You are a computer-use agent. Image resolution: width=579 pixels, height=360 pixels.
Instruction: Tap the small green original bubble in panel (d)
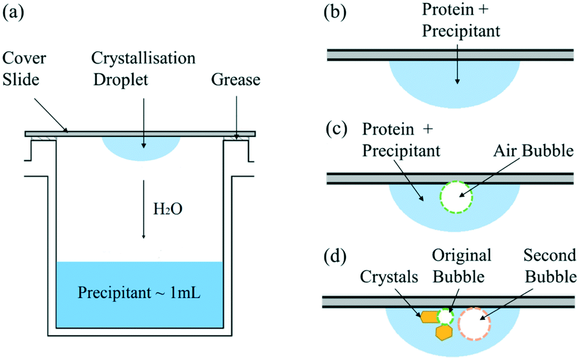(445, 316)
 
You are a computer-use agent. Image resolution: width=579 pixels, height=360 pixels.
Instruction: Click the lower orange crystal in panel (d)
(443, 332)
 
